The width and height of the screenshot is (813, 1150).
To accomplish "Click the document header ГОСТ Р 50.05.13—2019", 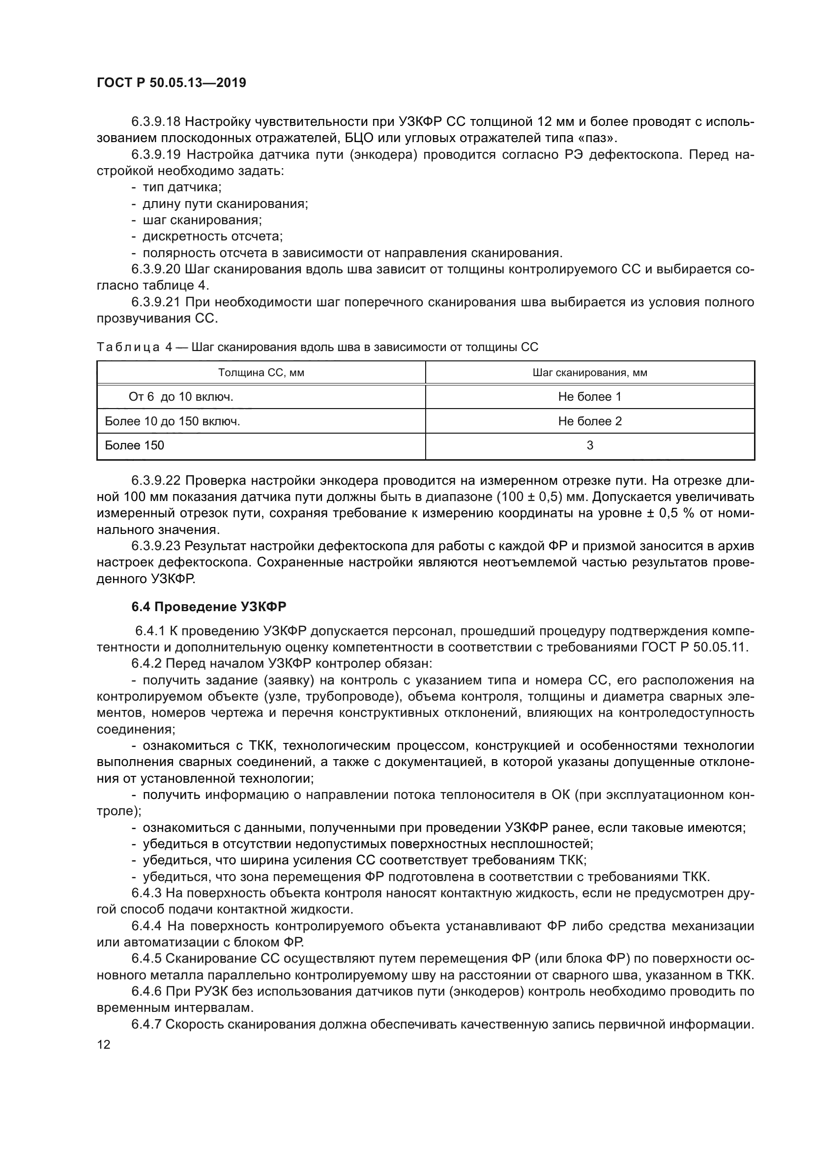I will coord(171,83).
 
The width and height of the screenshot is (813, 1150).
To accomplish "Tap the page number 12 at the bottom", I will coord(104,1044).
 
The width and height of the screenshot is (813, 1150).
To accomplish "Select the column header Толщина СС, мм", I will coord(261,373).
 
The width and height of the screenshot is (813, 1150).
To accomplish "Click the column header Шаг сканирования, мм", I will coord(590,373).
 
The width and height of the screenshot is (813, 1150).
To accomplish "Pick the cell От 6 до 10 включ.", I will coord(181,397).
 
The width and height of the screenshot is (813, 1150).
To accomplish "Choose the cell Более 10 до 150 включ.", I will coord(172,421).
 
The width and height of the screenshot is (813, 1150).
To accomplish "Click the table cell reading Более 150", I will coord(134,445).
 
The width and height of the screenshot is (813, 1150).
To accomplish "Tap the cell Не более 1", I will coord(590,397).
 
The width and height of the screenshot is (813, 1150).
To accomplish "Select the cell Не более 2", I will coord(590,421).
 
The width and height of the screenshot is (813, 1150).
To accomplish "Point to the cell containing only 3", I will coord(590,445).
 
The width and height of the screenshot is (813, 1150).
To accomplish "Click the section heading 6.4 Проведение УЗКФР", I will coord(209,607).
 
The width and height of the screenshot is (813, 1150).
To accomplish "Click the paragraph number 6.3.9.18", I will coord(156,122).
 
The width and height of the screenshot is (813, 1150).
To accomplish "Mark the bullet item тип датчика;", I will coord(182,187).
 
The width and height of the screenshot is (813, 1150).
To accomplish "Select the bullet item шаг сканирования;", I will coord(202,220).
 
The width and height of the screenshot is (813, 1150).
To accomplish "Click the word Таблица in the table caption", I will coord(128,347).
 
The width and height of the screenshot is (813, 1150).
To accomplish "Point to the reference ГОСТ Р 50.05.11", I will coord(694,647).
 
